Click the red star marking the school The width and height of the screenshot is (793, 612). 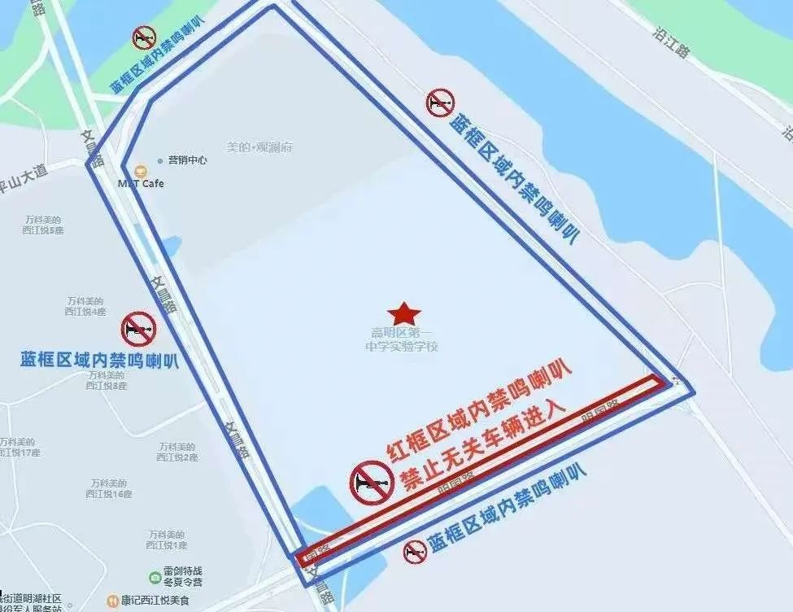click(x=403, y=313)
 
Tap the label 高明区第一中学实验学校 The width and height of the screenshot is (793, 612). click(x=403, y=339)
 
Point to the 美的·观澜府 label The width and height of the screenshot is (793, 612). click(x=259, y=147)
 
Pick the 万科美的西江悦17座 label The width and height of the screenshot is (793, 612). click(x=20, y=447)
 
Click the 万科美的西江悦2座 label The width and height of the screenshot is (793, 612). click(x=178, y=452)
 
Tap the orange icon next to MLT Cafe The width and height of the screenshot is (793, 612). click(x=141, y=170)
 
